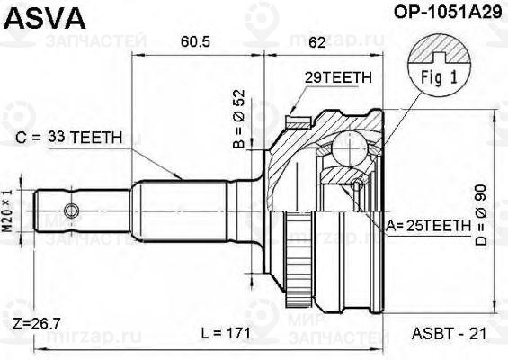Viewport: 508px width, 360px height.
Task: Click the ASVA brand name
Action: tap(37, 15)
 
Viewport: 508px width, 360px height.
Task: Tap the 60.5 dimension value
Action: tap(197, 41)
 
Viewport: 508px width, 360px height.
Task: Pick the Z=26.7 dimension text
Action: tap(35, 322)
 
